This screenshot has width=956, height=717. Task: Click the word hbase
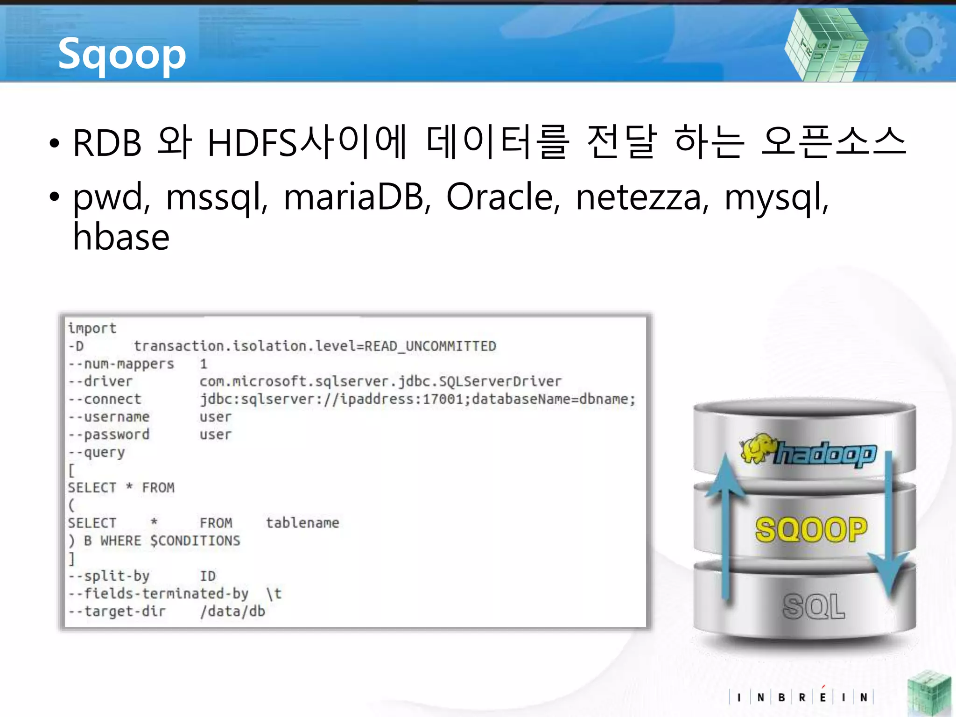coord(121,237)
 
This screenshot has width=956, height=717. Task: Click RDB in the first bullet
coord(107,143)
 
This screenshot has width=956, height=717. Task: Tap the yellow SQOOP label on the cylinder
coord(811,530)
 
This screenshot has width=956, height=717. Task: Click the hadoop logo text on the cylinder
coord(825,454)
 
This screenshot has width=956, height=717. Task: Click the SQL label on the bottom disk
coord(814,607)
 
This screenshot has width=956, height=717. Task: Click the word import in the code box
coord(92,328)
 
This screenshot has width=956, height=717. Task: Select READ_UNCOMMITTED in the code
coord(430,346)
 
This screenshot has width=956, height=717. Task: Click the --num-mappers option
coord(121,364)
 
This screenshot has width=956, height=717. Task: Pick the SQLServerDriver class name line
coord(380,382)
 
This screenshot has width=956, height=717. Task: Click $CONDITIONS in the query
coord(195,541)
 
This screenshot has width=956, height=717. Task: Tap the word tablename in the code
coord(302,523)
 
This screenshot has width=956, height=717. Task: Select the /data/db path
coord(232,612)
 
